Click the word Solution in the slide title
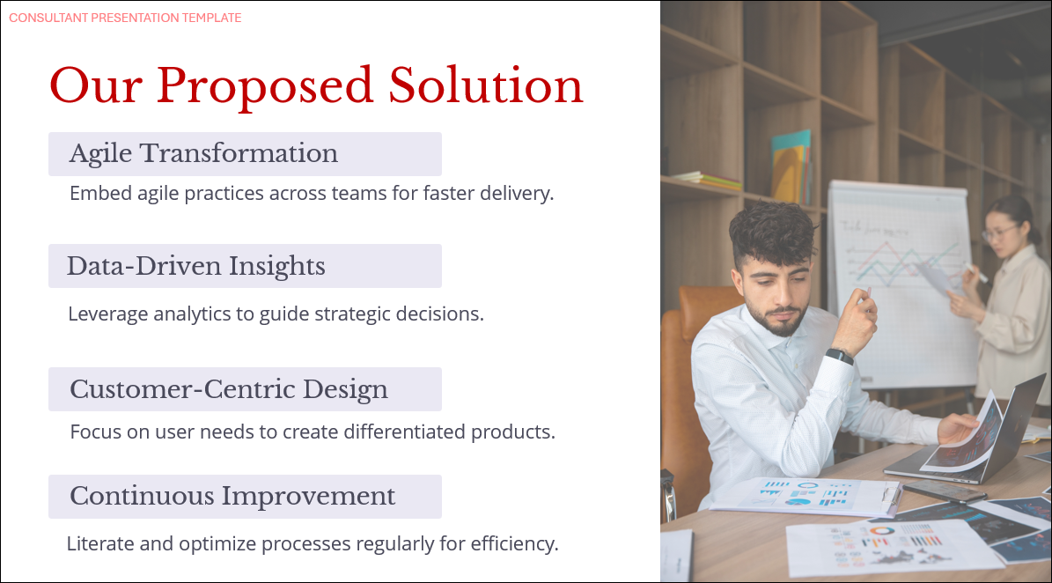[x=486, y=85]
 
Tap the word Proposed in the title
[x=264, y=87]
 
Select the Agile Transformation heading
[x=203, y=153]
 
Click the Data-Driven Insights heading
[x=196, y=266]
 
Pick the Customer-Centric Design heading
[x=229, y=389]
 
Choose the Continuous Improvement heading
[x=232, y=496]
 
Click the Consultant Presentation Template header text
[x=126, y=18]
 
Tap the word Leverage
[x=108, y=314]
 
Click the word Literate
[x=100, y=543]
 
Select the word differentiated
[x=405, y=432]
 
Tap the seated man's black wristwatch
[x=840, y=356]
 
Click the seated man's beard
[x=778, y=318]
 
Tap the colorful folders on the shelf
[x=791, y=166]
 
